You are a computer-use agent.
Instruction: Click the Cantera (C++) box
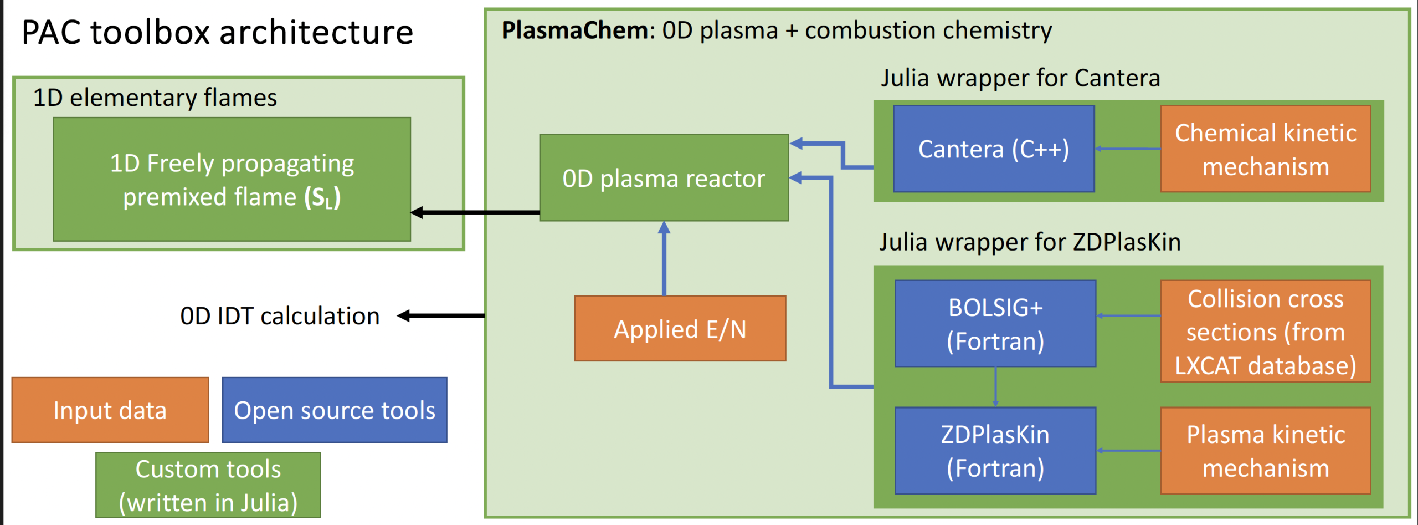(994, 149)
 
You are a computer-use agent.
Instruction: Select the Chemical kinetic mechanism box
(1265, 149)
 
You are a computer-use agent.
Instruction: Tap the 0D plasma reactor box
(664, 178)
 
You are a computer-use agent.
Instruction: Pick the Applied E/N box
(680, 329)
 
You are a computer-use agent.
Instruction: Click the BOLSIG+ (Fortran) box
(995, 324)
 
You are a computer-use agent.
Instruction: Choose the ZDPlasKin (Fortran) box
(995, 451)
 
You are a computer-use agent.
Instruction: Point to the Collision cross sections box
(1265, 332)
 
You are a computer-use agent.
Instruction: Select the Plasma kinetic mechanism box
(1265, 451)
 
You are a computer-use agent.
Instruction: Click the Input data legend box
(110, 410)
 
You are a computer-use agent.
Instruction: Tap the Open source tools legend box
(334, 410)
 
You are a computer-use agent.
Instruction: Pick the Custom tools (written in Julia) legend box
(208, 486)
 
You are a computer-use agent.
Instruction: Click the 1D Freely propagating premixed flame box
(232, 179)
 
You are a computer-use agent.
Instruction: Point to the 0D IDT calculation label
(280, 316)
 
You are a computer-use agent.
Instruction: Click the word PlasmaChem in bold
(574, 30)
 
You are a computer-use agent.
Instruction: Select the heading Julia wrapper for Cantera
(1020, 78)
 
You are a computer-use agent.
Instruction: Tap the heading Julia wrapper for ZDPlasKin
(1030, 242)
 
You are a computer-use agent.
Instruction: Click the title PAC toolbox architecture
(217, 32)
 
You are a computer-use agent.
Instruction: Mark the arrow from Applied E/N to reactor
(664, 258)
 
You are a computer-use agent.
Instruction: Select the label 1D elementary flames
(155, 98)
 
